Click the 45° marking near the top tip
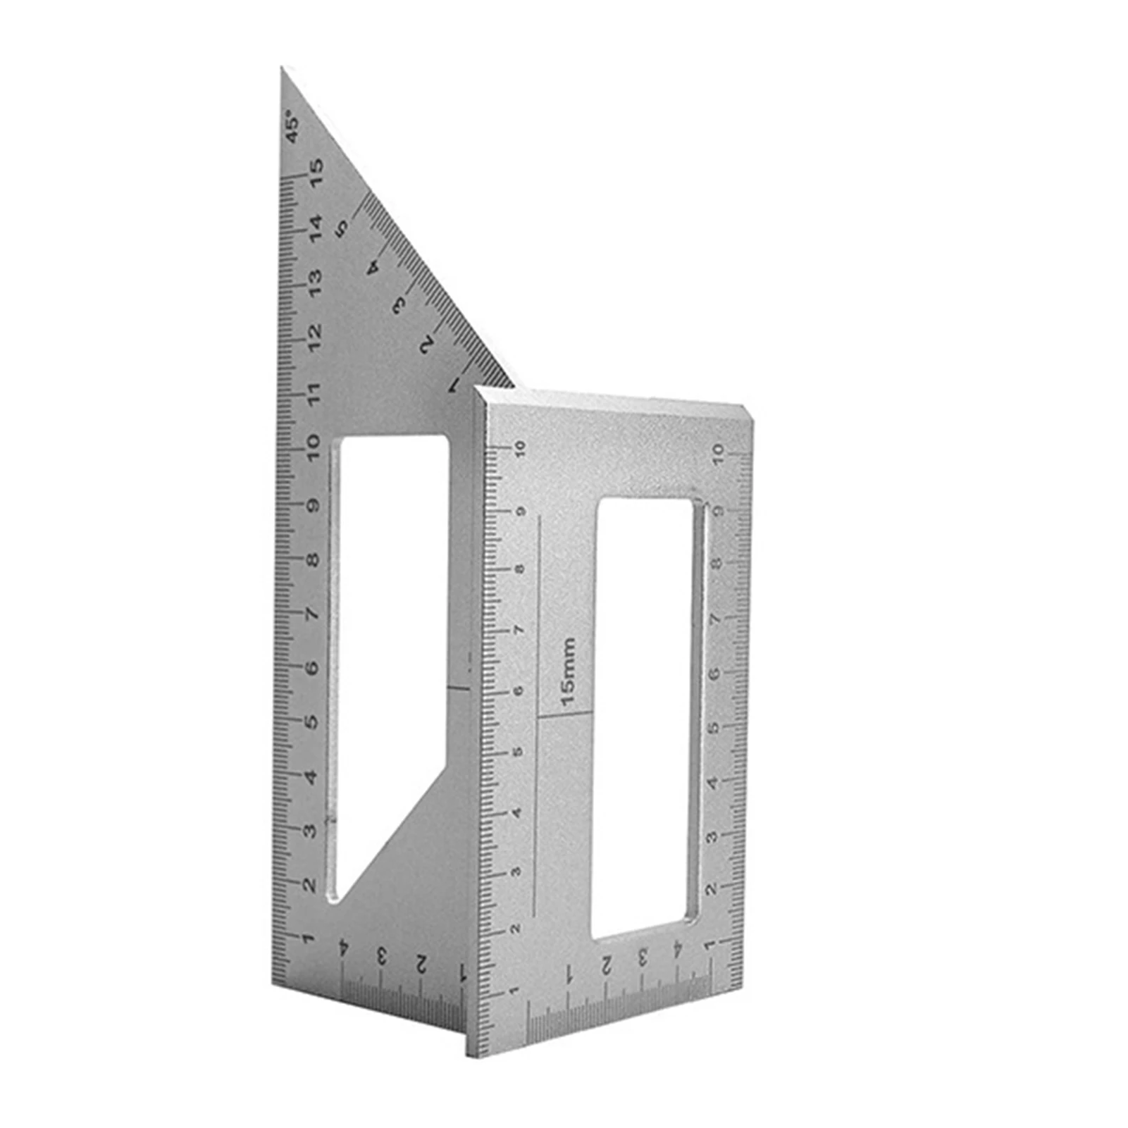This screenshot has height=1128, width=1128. pos(292,126)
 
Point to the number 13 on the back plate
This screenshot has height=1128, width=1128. pos(314,280)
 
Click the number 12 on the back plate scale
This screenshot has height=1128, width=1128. pos(314,334)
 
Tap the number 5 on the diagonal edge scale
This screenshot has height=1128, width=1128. pos(343,227)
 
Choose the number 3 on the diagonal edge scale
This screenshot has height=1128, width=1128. pos(400,305)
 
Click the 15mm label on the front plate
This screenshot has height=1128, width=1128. pos(568,672)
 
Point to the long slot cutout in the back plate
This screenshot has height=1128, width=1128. pos(388,634)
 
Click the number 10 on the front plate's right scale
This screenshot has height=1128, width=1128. pos(719,452)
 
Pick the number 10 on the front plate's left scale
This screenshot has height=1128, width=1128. pos(520,450)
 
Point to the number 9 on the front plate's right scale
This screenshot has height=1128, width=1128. pos(717,510)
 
